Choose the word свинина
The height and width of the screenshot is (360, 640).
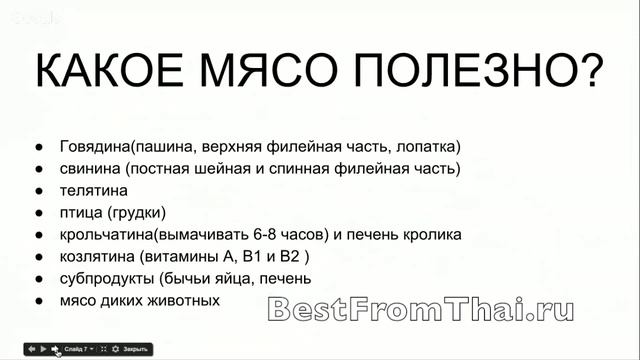87,169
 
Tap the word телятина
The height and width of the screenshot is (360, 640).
93,191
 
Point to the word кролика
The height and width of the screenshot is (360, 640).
431,235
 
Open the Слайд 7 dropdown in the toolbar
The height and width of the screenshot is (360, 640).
79,349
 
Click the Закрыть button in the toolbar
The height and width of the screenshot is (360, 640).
134,349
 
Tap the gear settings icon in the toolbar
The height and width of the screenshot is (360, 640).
116,349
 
